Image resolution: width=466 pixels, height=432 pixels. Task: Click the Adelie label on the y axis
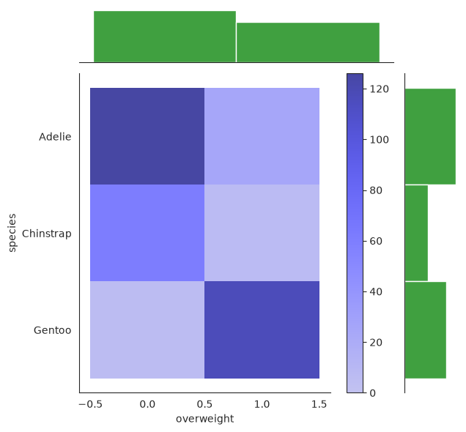55,137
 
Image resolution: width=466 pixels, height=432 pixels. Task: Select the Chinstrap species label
47,234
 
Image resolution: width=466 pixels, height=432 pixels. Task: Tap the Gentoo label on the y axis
52,330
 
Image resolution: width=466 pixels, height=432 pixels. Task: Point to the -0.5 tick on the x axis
91,404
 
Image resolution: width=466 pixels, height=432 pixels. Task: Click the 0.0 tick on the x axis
147,404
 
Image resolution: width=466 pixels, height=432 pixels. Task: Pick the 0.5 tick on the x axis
204,404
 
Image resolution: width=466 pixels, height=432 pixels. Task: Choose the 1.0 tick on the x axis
262,404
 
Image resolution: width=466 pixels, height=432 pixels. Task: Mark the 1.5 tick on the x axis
319,404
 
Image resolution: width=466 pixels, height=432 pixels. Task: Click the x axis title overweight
204,419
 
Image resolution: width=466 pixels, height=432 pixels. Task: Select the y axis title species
12,233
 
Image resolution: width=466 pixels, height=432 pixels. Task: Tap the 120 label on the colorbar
380,89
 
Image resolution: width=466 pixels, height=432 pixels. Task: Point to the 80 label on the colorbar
376,190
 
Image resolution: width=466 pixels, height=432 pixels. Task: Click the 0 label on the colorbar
373,393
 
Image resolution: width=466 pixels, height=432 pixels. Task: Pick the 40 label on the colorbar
376,292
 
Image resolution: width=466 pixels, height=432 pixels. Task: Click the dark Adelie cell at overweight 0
147,136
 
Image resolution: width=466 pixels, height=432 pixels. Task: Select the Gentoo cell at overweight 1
262,330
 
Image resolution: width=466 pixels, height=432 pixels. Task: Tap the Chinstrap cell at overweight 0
147,233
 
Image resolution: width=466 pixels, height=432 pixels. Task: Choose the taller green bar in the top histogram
165,37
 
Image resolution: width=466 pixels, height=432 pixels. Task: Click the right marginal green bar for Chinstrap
416,233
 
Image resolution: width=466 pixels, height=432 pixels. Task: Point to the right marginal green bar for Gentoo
426,330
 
